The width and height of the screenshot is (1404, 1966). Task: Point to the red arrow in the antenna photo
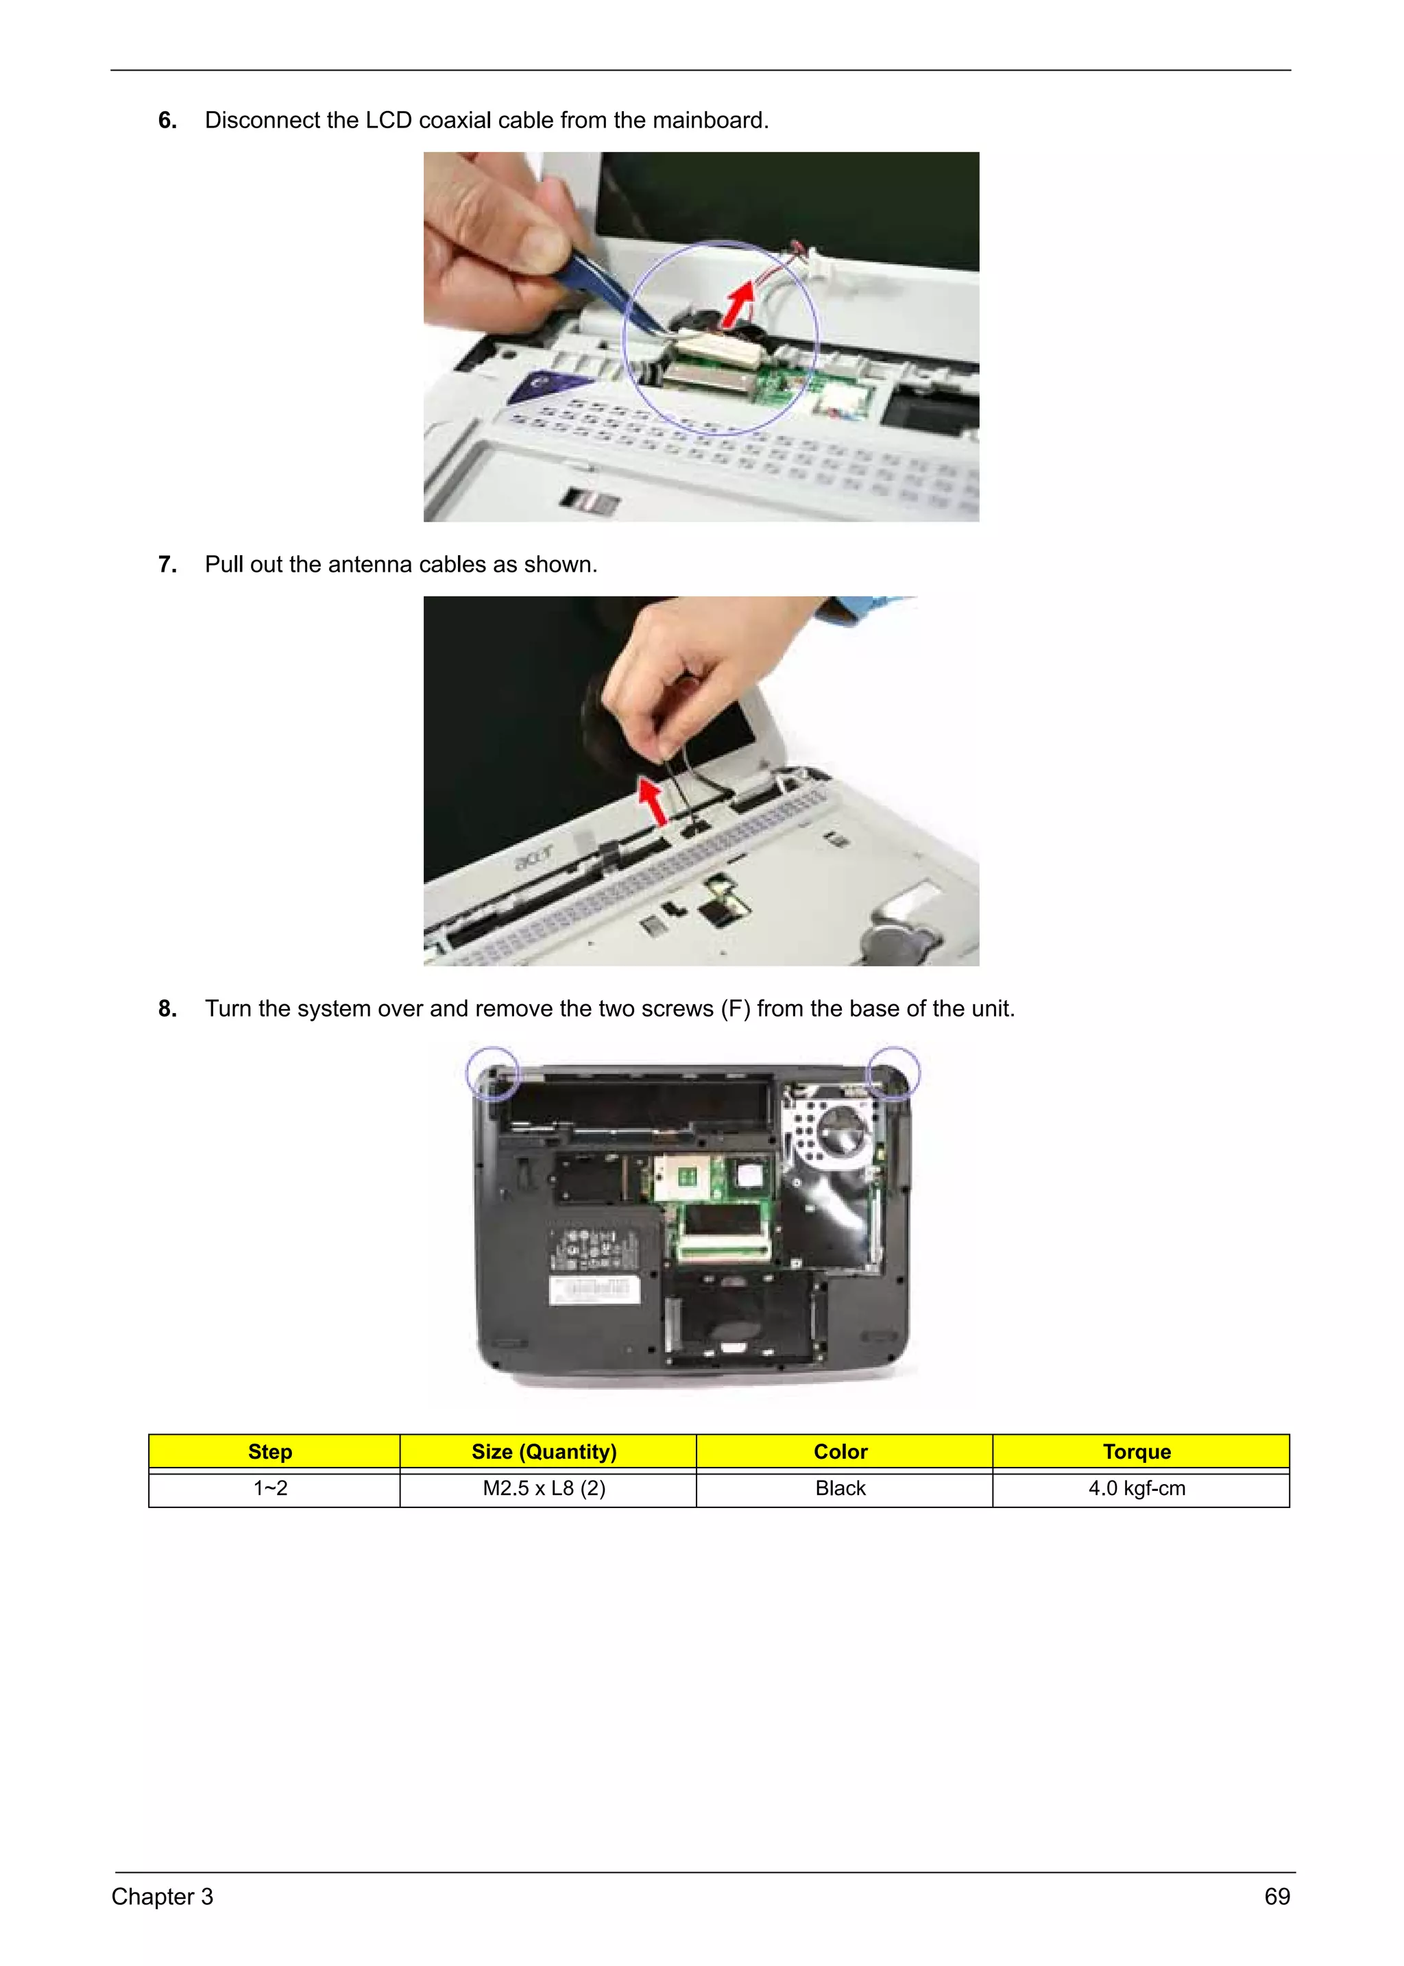click(x=653, y=801)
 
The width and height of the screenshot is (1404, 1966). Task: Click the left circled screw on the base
click(x=493, y=1073)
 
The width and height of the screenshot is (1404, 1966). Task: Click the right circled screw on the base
click(x=893, y=1072)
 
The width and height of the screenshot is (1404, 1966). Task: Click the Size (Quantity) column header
click(x=544, y=1452)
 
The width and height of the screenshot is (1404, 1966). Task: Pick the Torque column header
click(x=1136, y=1452)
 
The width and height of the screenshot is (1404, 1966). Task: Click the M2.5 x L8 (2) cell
click(x=544, y=1488)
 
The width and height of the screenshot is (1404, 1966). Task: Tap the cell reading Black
click(x=840, y=1488)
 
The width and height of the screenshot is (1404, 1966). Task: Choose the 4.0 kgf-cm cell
click(x=1136, y=1488)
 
